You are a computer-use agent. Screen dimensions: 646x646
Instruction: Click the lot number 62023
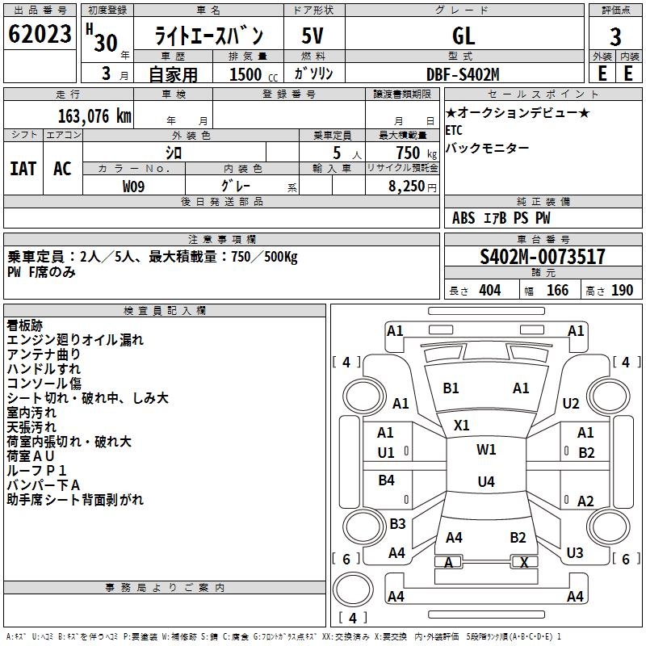[x=40, y=36]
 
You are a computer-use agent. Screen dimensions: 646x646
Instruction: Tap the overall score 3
[x=615, y=36]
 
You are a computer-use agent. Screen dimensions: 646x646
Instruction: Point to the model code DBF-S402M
[x=464, y=73]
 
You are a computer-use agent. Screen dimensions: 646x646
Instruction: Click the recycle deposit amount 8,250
[x=412, y=187]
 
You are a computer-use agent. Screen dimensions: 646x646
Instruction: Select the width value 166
[x=558, y=290]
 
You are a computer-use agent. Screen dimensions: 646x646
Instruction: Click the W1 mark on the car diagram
[x=486, y=450]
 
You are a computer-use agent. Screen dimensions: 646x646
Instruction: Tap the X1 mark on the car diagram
[x=462, y=425]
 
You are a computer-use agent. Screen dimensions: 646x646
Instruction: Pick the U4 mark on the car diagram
[x=485, y=482]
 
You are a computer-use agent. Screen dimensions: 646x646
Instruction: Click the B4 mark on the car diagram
[x=387, y=480]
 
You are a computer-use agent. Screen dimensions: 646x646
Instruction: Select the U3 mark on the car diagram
[x=574, y=553]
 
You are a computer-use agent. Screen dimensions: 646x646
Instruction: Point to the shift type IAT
[x=23, y=169]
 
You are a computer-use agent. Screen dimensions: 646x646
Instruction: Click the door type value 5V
[x=313, y=36]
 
